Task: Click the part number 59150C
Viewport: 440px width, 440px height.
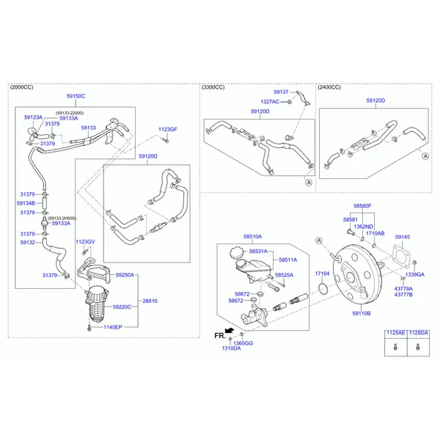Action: click(76, 96)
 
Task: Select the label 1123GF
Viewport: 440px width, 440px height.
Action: click(168, 129)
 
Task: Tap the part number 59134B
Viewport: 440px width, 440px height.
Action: click(26, 203)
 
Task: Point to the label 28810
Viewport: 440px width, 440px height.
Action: click(150, 301)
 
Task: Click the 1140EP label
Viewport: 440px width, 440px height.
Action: click(112, 327)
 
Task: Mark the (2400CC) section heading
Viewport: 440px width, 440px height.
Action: click(329, 87)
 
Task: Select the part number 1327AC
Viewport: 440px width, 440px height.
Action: click(270, 102)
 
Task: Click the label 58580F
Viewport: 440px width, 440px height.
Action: click(362, 207)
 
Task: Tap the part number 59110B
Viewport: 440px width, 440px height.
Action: click(362, 313)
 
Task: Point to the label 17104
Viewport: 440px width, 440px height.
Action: click(322, 274)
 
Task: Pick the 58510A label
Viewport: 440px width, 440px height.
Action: click(252, 237)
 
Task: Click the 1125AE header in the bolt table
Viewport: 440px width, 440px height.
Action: click(396, 333)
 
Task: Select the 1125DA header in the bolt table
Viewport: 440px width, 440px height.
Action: click(418, 333)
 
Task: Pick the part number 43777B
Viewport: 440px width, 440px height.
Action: click(403, 295)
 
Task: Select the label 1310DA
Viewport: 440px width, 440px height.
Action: click(231, 348)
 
